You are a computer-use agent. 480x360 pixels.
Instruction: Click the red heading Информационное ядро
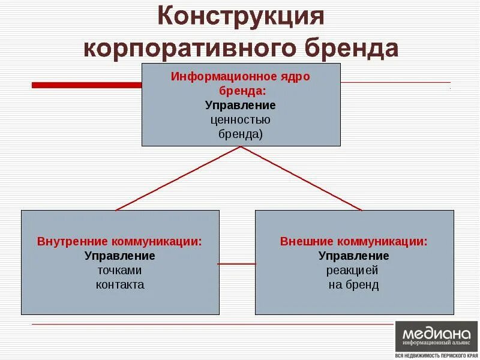[x=241, y=77]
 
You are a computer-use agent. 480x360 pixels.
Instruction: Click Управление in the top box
[x=241, y=106]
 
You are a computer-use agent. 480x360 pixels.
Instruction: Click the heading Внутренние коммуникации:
[x=119, y=242]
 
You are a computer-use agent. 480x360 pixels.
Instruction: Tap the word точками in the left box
[x=119, y=271]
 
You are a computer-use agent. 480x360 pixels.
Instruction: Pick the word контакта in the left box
[x=119, y=285]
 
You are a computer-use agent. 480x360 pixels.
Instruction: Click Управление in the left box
[x=119, y=256]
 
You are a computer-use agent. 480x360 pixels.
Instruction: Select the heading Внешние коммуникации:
[x=354, y=242]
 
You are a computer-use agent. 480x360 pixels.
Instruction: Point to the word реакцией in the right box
[x=354, y=271]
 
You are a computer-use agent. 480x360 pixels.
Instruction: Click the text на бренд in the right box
[x=354, y=285]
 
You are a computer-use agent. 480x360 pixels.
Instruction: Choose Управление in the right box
[x=354, y=256]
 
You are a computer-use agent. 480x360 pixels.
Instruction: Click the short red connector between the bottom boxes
[x=237, y=263]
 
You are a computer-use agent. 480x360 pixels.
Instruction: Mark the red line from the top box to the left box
[x=178, y=178]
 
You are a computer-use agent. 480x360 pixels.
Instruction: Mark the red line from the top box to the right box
[x=302, y=178]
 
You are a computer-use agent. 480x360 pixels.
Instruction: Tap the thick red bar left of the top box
[x=86, y=85]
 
